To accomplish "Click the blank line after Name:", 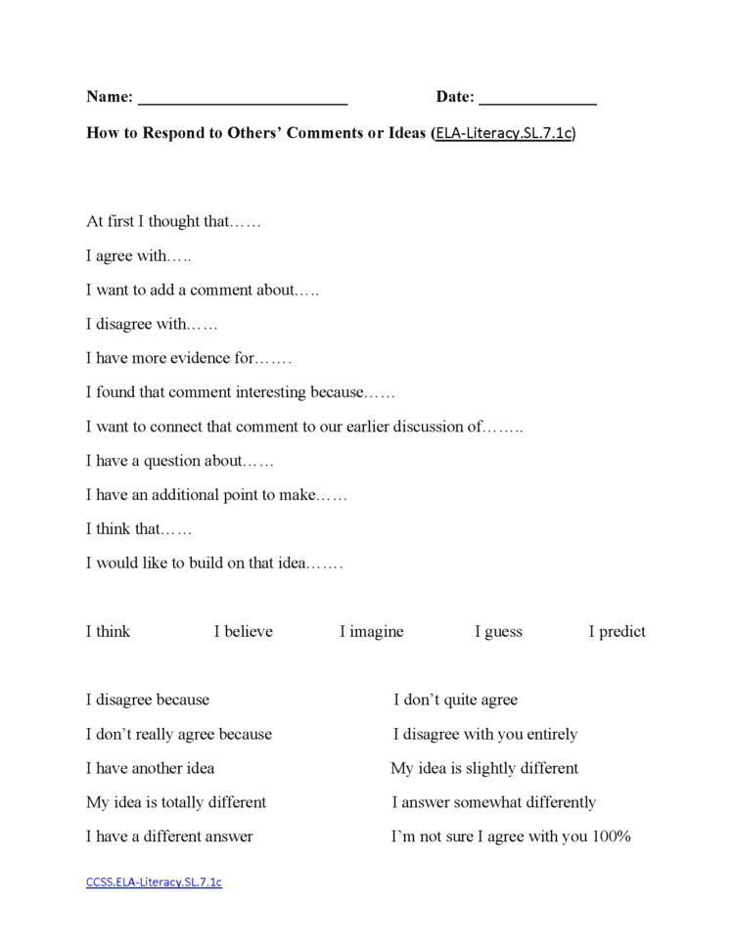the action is point(243,99).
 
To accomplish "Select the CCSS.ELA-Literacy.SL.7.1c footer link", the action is point(154,882).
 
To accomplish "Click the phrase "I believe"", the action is point(244,632).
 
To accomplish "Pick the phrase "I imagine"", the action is point(372,632).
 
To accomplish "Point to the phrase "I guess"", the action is point(498,632).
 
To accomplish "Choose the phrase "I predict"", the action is point(617,632).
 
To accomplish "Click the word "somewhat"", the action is point(486,803).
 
